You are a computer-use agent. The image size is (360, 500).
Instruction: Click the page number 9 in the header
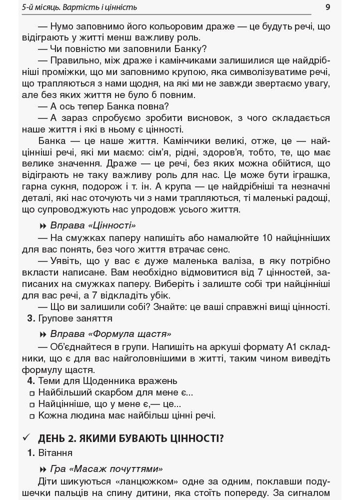tap(327, 7)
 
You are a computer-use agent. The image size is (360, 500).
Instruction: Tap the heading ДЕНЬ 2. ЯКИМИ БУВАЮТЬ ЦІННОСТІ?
tap(130, 438)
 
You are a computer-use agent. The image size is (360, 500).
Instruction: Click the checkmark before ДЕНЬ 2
tap(27, 438)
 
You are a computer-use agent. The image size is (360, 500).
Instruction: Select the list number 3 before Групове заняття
tap(30, 318)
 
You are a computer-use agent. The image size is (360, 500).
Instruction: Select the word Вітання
tap(55, 452)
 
